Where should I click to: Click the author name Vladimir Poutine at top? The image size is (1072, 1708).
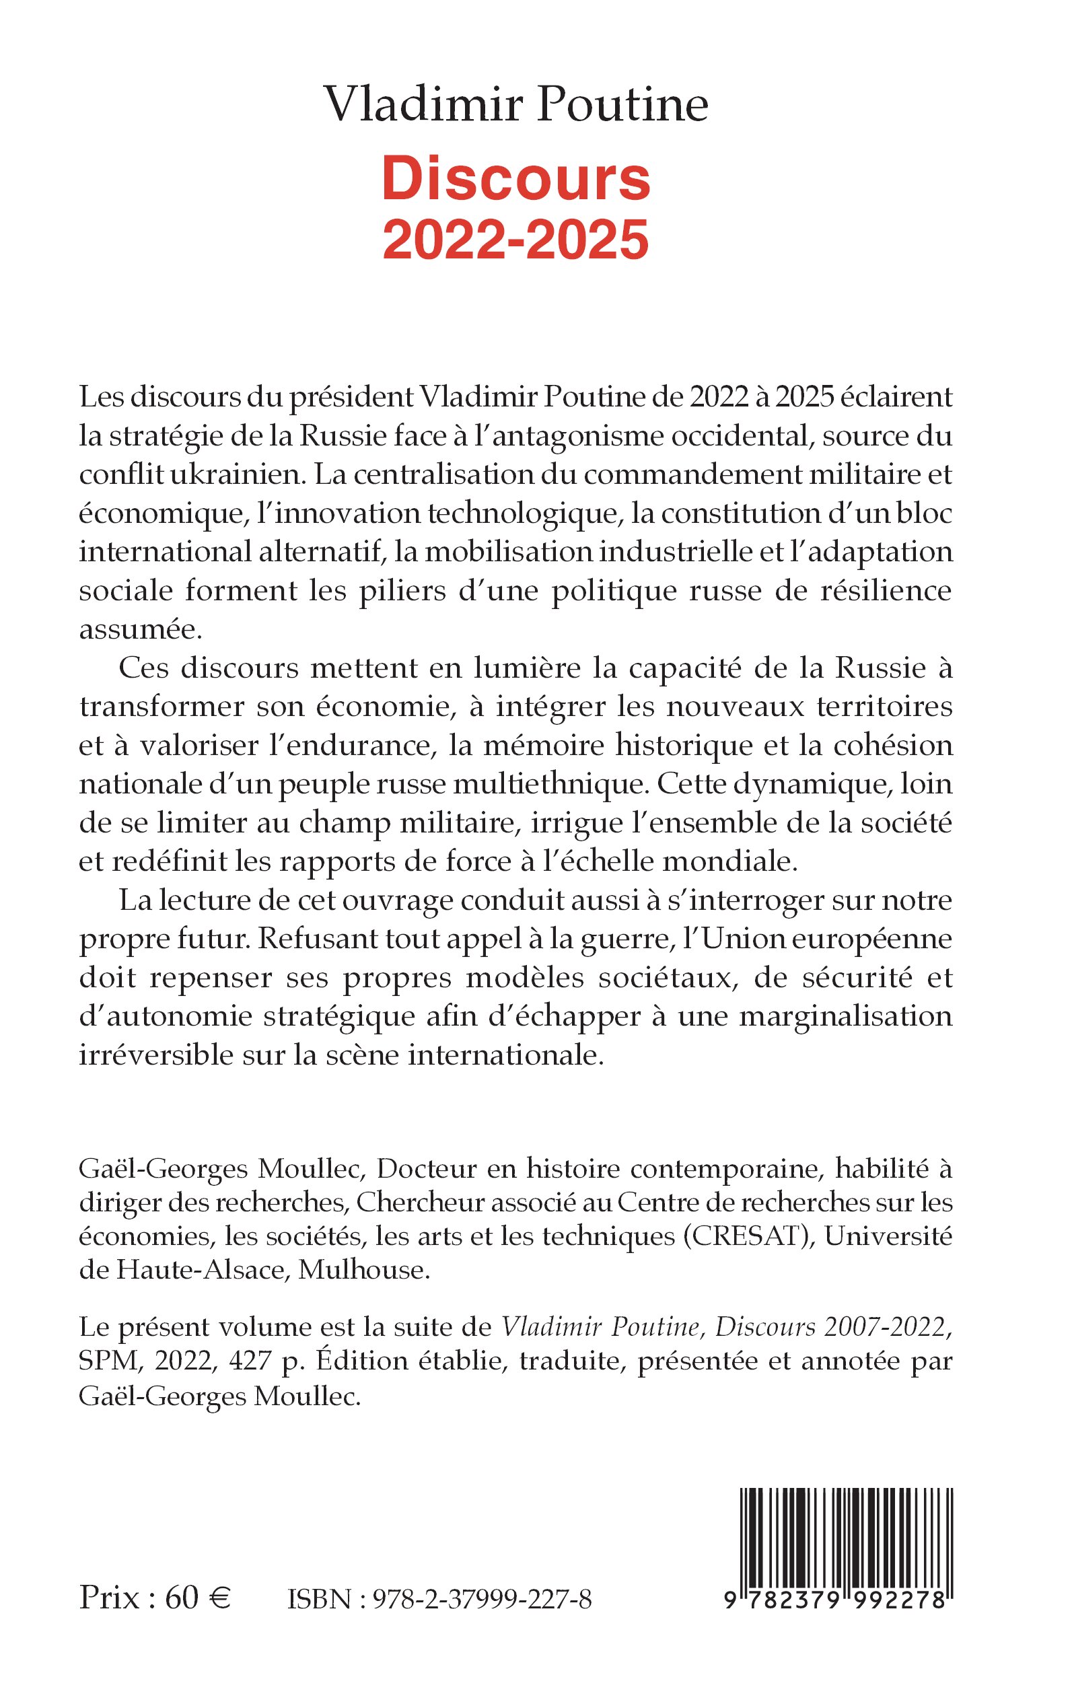click(x=515, y=104)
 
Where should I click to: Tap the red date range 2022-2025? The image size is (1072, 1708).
click(x=515, y=240)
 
